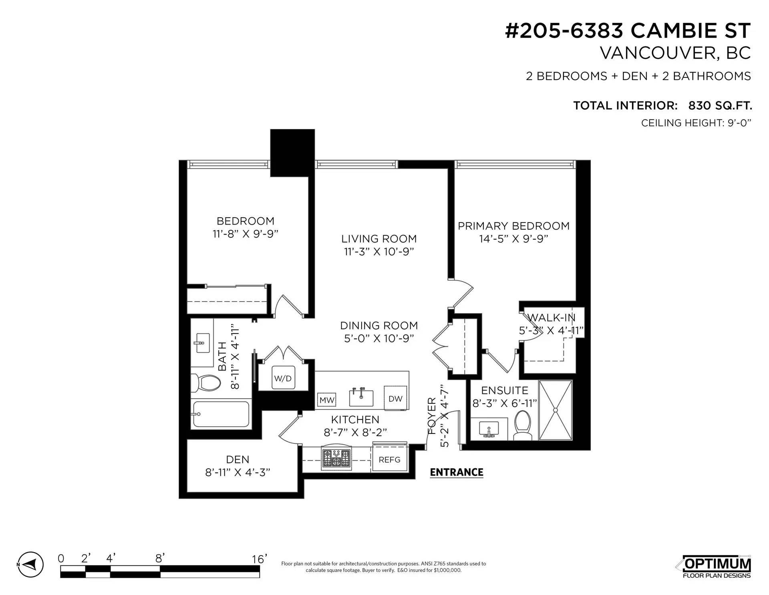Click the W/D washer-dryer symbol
(x=283, y=378)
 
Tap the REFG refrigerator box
(x=389, y=459)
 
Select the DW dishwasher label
(x=395, y=398)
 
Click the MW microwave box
(x=326, y=400)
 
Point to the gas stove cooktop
(x=336, y=458)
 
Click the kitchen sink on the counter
(x=361, y=397)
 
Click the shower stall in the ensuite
(x=555, y=410)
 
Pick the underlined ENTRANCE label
(x=457, y=472)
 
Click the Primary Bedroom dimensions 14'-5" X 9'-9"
(x=513, y=239)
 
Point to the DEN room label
(x=238, y=459)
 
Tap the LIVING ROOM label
(x=379, y=239)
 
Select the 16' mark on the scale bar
(x=260, y=559)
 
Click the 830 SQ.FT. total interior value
(x=720, y=105)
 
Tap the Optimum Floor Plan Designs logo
(x=716, y=567)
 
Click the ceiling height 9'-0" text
(x=696, y=123)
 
